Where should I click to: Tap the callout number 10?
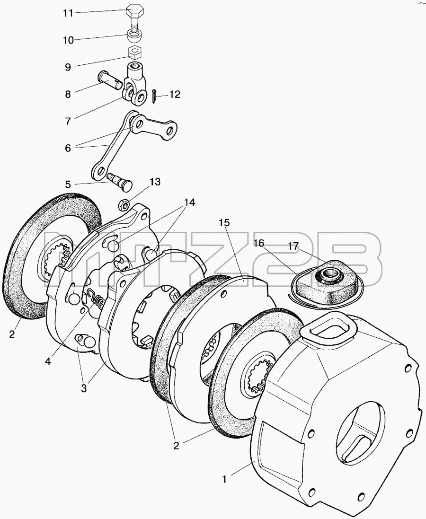coord(68,40)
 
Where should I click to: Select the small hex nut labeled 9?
coord(134,53)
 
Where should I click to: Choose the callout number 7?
coord(68,121)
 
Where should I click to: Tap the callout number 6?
coord(68,148)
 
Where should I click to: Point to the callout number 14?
coord(187,202)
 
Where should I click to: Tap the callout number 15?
coord(224,223)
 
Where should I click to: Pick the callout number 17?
coord(293,246)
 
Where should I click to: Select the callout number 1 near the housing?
coord(224,479)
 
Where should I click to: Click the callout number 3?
coord(84,388)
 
